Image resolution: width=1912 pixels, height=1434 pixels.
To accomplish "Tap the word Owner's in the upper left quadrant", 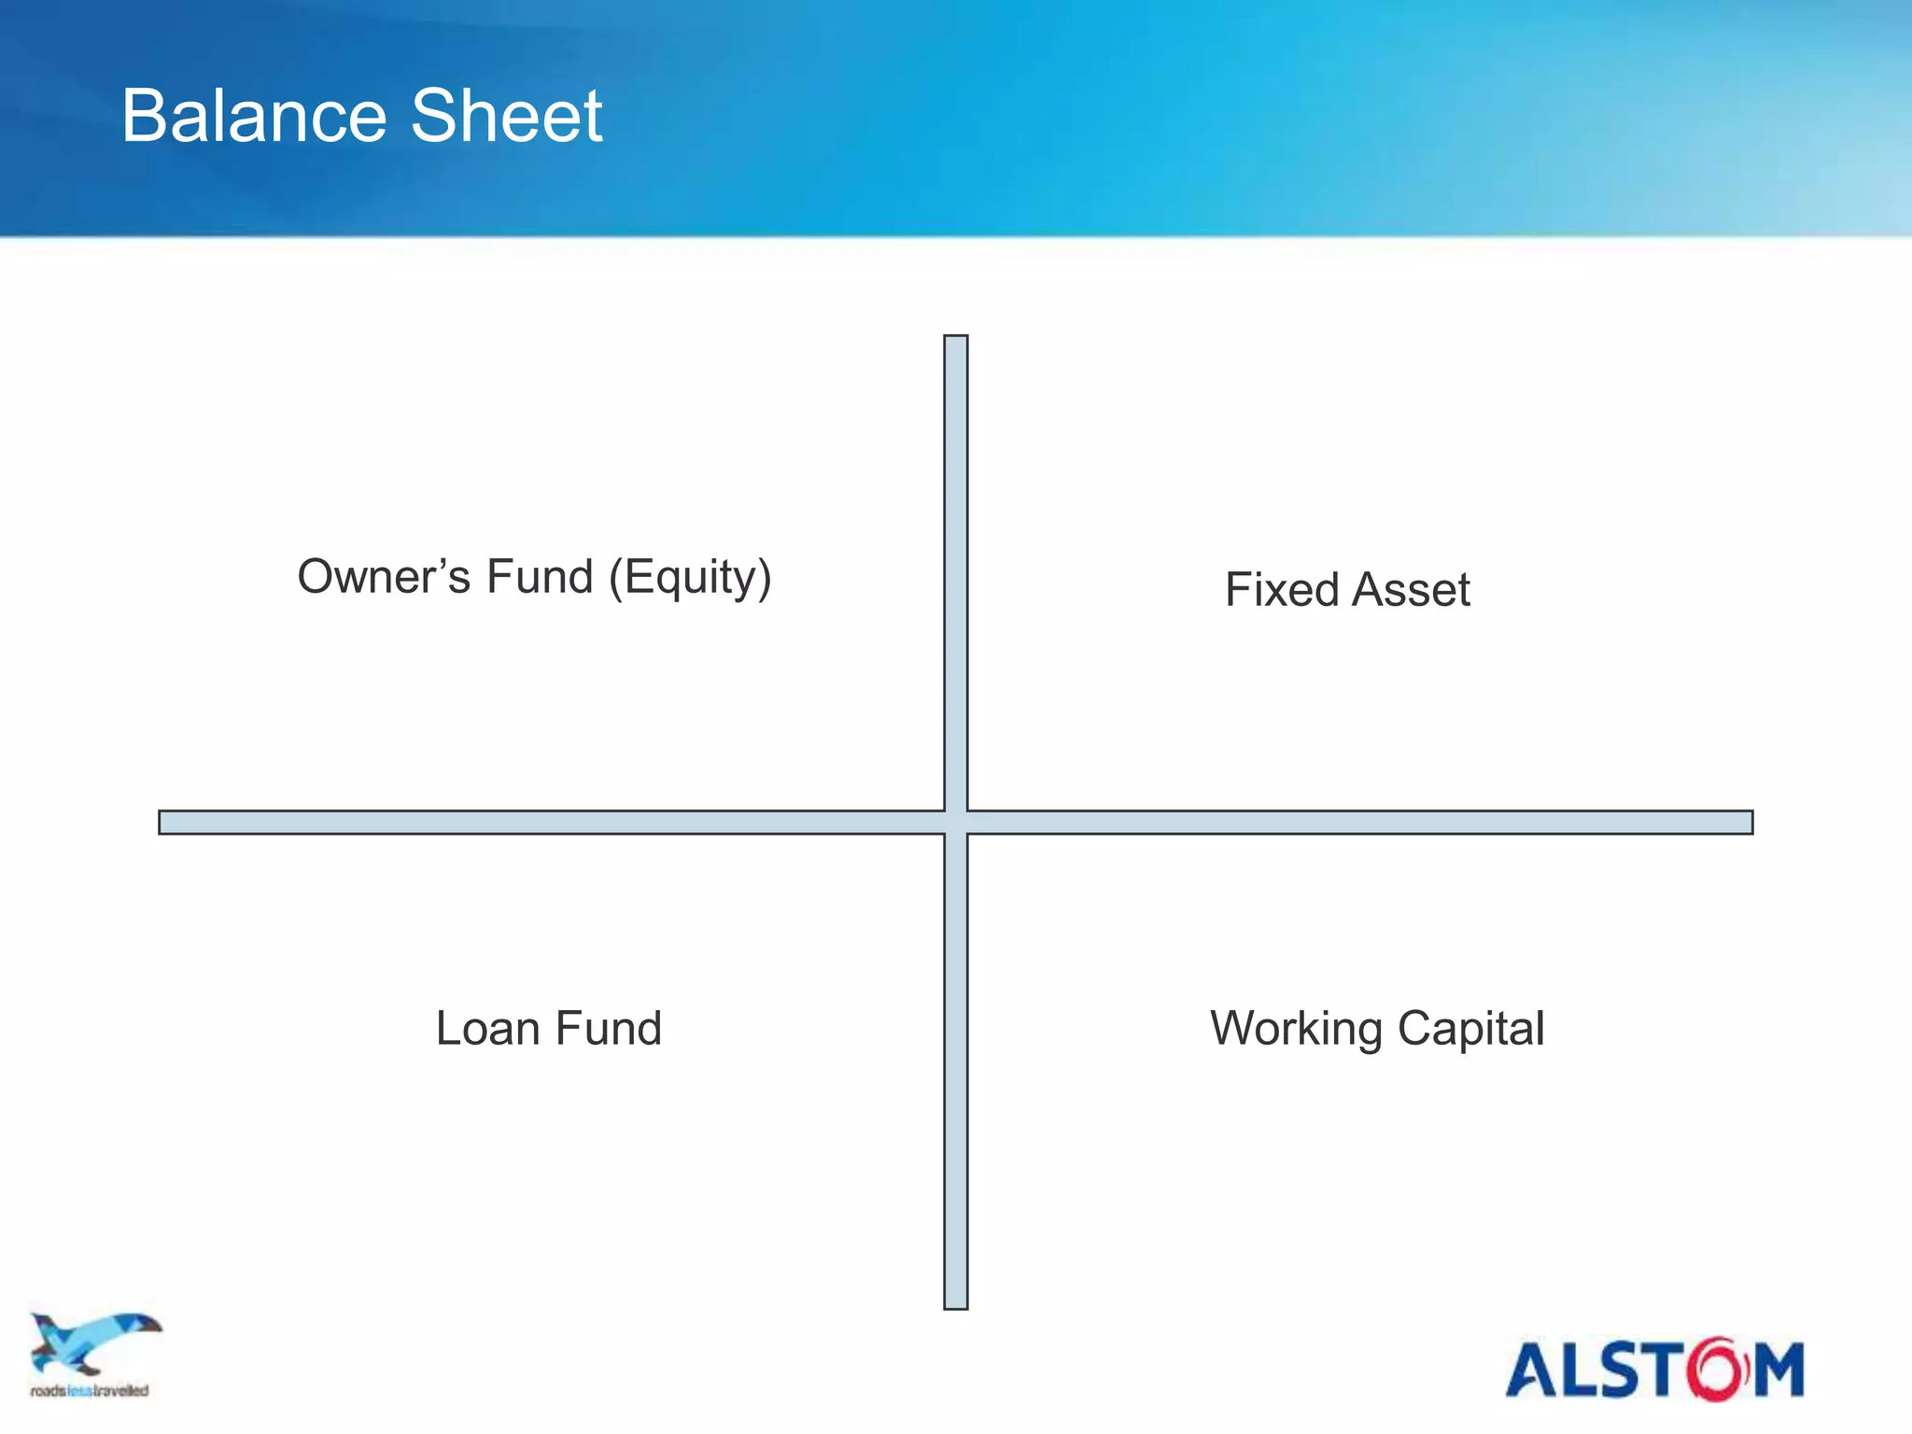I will [383, 577].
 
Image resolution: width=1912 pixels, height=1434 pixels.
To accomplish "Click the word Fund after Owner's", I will [540, 577].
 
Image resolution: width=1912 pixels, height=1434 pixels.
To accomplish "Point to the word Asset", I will [1411, 590].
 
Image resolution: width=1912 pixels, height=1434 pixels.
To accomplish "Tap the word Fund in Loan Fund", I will [608, 1029].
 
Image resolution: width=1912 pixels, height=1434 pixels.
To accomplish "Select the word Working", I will [1296, 1030].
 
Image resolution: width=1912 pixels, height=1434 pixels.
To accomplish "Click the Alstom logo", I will [1653, 1370].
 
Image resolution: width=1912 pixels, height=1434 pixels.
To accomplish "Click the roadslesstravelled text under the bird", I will [90, 1391].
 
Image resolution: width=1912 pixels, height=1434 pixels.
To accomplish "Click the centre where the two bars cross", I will [955, 822].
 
